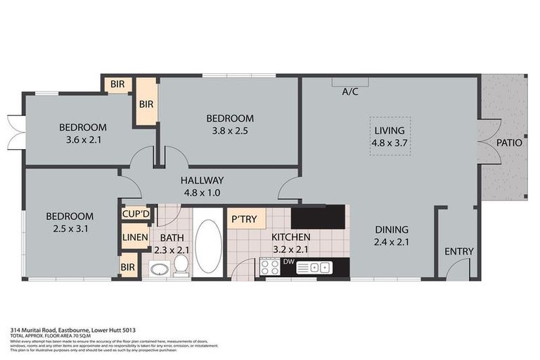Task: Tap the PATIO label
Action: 509,142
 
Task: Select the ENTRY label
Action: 459,252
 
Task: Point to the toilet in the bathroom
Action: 181,265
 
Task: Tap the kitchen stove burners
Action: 270,267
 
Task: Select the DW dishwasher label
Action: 288,262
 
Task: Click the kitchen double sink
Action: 314,267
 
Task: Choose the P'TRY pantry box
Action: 244,219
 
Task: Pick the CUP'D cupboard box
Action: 136,213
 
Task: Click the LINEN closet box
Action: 135,238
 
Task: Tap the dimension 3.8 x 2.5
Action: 229,130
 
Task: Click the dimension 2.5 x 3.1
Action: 70,228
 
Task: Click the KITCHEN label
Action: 291,237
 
